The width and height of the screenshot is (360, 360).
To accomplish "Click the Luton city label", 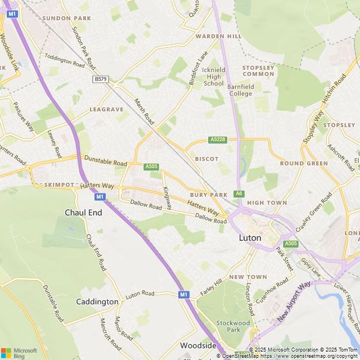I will point(250,238).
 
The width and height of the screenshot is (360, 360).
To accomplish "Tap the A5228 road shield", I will point(218,139).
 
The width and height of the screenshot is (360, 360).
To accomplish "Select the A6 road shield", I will point(240,193).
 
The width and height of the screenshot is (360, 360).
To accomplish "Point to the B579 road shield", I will point(101,79).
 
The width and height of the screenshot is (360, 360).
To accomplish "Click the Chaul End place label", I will point(84,213).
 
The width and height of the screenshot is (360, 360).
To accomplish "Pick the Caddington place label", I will point(97,302).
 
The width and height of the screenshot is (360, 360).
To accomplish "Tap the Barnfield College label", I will point(240,90).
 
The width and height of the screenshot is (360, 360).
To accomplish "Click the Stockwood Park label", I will point(233,327).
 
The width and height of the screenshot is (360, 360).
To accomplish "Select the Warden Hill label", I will point(218,36).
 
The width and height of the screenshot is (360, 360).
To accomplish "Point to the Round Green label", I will point(304,163).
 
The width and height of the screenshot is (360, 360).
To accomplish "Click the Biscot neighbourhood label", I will point(206,159).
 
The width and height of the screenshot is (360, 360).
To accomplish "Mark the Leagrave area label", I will point(106,109).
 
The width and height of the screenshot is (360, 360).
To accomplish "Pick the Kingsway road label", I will point(167,199).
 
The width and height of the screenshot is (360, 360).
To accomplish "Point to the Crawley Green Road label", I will point(311,215).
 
